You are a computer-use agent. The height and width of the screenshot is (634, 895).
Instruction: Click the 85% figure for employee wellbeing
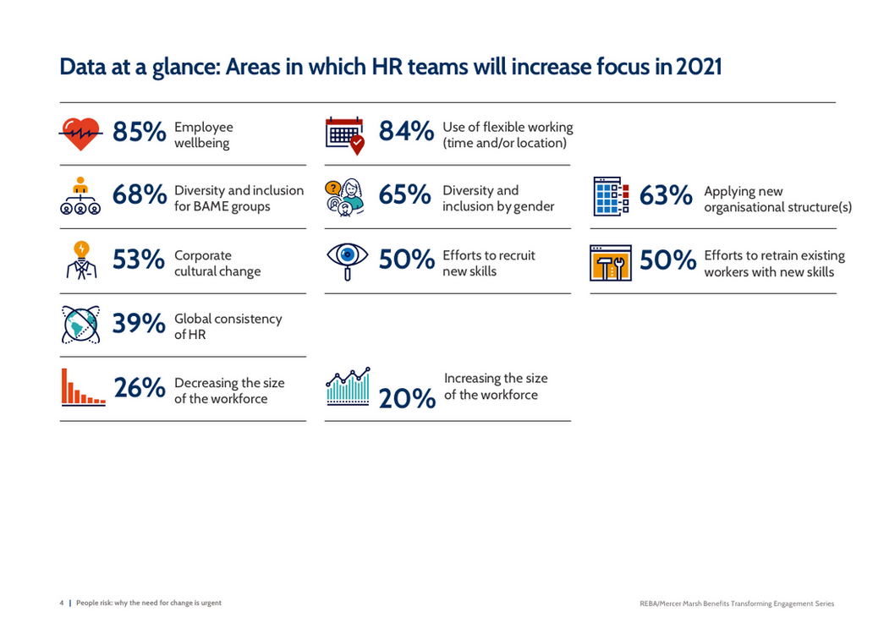(139, 132)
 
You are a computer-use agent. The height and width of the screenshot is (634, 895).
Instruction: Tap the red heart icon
(81, 134)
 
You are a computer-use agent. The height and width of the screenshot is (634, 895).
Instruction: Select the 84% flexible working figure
(406, 132)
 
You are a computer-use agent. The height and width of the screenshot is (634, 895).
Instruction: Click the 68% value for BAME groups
(139, 195)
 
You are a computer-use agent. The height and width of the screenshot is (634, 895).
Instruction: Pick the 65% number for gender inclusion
(405, 195)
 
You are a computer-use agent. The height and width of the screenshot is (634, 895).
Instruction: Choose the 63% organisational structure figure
(666, 195)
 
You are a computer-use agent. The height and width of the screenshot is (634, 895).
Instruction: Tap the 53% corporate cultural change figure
(139, 260)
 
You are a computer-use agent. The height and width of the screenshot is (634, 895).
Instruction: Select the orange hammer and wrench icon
(610, 263)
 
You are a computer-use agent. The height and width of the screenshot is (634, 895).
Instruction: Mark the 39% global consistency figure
(139, 324)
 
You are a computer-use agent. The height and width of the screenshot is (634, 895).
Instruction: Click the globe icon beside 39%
(81, 325)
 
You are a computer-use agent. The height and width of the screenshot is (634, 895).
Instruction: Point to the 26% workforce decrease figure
(140, 388)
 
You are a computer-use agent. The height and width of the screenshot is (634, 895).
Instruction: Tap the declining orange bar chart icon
(83, 388)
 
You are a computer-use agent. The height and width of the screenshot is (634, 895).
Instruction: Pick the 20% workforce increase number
(407, 398)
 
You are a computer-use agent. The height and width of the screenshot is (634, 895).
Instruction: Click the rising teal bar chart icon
(348, 386)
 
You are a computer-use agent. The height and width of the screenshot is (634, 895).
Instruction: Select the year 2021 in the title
(699, 67)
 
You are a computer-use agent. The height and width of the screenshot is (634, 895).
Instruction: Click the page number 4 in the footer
(61, 603)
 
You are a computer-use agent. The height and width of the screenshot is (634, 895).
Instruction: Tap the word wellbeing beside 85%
(201, 143)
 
